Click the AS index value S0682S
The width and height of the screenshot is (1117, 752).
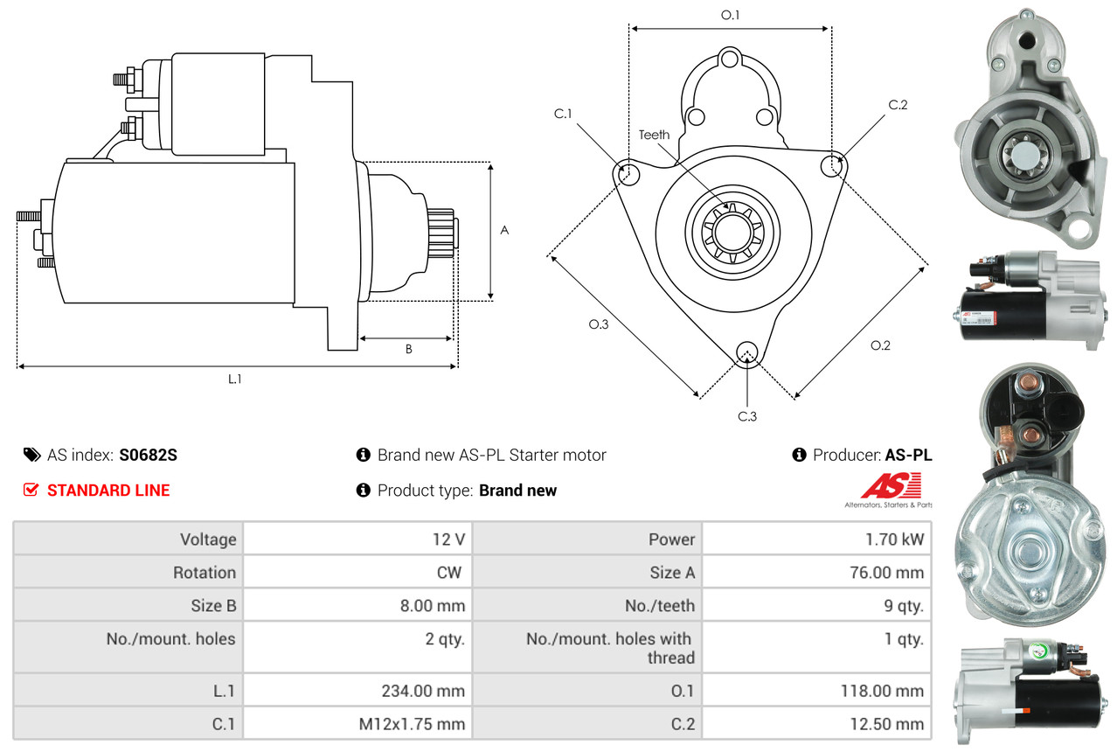148,455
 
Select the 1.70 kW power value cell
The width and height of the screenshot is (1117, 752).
895,539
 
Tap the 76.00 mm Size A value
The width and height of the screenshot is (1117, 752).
886,573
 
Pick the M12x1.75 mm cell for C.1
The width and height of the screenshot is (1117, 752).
412,723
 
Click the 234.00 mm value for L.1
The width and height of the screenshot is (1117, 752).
423,691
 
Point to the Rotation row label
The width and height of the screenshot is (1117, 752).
205,573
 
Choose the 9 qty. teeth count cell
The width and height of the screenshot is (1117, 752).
904,606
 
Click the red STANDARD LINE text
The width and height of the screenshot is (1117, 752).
108,491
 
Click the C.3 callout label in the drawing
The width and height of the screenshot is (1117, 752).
747,416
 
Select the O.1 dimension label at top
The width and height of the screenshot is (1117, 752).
730,15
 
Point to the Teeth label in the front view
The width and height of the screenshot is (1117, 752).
654,135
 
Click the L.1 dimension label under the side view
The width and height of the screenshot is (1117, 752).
234,379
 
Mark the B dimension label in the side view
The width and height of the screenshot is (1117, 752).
409,349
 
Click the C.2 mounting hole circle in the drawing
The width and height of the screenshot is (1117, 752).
832,165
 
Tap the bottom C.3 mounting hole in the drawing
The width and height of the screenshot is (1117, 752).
747,352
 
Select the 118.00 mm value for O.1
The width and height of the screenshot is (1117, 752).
882,691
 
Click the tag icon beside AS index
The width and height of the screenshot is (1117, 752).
32,455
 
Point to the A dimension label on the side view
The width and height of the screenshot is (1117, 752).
504,230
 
